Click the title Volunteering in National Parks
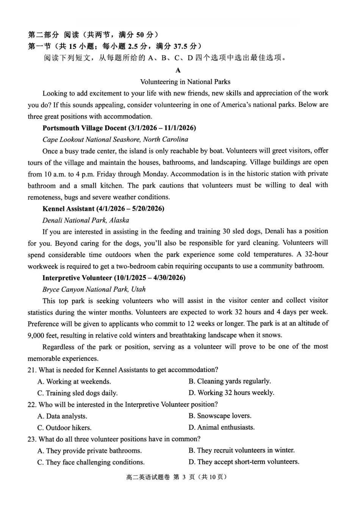pos(185,82)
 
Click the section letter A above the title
pos(178,70)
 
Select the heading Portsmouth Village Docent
pos(119,128)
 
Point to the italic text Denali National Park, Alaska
pos(86,220)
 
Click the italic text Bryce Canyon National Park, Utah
pos(94,289)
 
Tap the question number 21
pos(32,370)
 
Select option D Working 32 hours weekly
pos(231,393)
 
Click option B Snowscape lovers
pos(220,416)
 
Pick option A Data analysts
pos(62,416)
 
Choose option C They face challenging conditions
pos(91,462)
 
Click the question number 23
pos(32,439)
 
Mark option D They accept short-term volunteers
pos(244,462)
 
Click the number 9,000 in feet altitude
pos(36,336)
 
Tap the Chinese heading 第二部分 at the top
pos(43,35)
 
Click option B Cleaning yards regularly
pos(230,381)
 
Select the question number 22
pos(32,405)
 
